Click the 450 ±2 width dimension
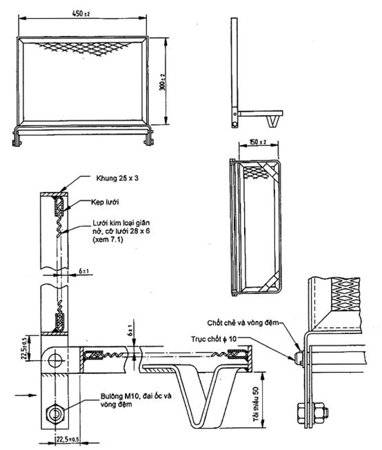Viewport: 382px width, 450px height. [81, 13]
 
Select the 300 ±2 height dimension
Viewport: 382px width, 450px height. [163, 82]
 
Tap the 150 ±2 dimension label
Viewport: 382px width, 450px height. [258, 141]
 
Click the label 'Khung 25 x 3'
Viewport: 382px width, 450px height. [117, 178]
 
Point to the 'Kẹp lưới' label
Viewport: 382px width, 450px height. [105, 202]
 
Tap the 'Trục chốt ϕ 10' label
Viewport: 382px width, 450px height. [214, 339]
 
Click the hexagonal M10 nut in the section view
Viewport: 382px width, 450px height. [55, 414]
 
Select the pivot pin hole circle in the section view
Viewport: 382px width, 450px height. [55, 360]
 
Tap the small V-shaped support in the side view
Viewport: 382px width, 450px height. [272, 121]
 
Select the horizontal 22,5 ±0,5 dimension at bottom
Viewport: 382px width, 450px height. [68, 440]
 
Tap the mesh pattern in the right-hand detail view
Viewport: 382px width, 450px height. [345, 294]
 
